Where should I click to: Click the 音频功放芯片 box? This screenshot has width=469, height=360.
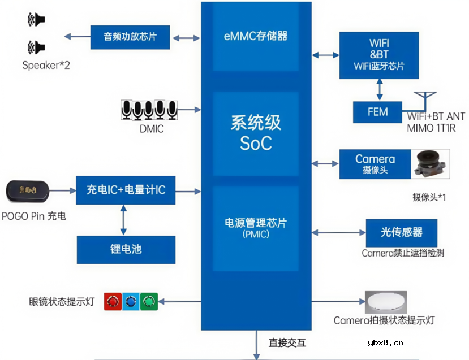(x=130, y=37)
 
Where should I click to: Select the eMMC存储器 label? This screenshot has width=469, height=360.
(x=256, y=36)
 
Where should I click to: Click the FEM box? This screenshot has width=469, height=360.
(x=377, y=111)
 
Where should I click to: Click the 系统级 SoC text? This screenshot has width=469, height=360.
(x=256, y=133)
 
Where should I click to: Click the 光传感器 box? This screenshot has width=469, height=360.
(x=401, y=232)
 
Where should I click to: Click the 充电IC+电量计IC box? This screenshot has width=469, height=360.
(x=126, y=190)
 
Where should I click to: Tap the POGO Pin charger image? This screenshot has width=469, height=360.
(x=28, y=191)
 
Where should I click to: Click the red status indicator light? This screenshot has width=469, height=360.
(x=113, y=302)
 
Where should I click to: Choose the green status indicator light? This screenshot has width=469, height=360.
(x=149, y=302)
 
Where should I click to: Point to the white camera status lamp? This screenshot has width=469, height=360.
(x=386, y=301)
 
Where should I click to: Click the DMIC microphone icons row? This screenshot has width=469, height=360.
(x=149, y=110)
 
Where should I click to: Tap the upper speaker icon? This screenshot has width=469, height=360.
(x=35, y=20)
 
